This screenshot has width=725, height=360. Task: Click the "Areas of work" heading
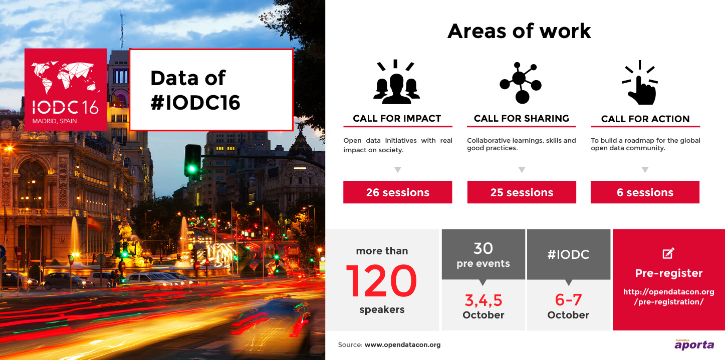pyautogui.click(x=519, y=32)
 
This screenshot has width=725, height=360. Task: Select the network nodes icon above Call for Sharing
pyautogui.click(x=521, y=83)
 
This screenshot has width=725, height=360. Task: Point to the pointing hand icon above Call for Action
pyautogui.click(x=640, y=83)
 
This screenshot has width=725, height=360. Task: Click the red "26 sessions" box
pyautogui.click(x=397, y=192)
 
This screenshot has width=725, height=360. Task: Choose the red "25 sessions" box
pyautogui.click(x=522, y=192)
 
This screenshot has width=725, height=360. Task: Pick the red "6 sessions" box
pyautogui.click(x=645, y=192)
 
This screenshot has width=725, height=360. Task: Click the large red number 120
pyautogui.click(x=381, y=280)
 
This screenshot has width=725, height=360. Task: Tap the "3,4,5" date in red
pyautogui.click(x=483, y=300)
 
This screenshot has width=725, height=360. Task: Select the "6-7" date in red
pyautogui.click(x=568, y=300)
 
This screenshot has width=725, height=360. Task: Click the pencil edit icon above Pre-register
pyautogui.click(x=668, y=253)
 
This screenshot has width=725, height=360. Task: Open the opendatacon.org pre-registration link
pyautogui.click(x=669, y=296)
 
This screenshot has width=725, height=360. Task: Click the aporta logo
pyautogui.click(x=694, y=344)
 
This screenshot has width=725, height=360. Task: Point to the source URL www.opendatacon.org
pyautogui.click(x=402, y=345)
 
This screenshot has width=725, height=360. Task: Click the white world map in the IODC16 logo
pyautogui.click(x=65, y=77)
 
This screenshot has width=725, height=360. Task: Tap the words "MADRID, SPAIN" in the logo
pyautogui.click(x=55, y=121)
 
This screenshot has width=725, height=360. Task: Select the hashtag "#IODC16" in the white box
pyautogui.click(x=195, y=103)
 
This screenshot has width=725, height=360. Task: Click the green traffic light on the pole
pyautogui.click(x=192, y=168)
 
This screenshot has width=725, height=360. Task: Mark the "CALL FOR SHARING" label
pyautogui.click(x=522, y=118)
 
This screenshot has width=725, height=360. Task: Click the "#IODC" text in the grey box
pyautogui.click(x=568, y=254)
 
